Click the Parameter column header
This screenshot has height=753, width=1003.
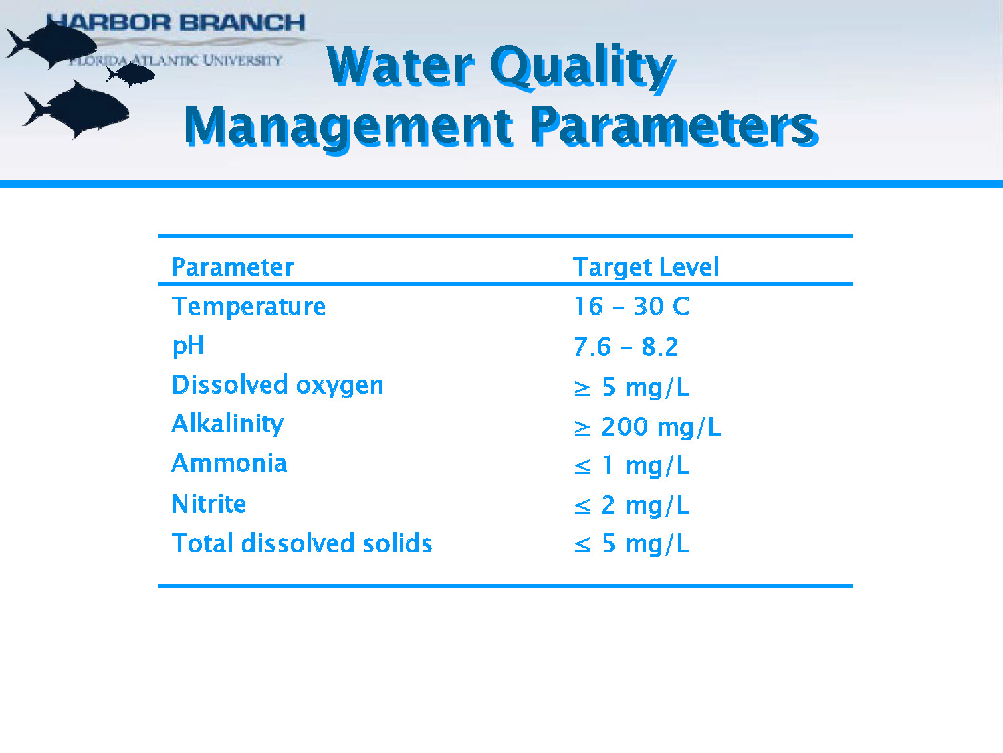[233, 267]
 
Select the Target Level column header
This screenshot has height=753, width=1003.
[646, 267]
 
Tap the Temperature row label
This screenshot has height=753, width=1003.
[249, 307]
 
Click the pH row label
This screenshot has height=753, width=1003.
[188, 346]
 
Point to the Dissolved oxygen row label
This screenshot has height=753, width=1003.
[277, 386]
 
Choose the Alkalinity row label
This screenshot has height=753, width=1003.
[227, 424]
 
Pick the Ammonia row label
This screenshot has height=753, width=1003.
[229, 463]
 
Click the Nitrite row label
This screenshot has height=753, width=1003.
[209, 503]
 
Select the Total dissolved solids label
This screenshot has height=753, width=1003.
[302, 543]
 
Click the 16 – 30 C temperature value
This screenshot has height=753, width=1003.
[631, 307]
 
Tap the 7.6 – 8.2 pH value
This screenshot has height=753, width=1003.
[626, 347]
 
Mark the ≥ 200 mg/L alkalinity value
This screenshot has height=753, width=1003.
[647, 427]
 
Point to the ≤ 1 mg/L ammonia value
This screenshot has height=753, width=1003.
[631, 466]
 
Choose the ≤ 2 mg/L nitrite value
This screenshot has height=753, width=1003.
[631, 505]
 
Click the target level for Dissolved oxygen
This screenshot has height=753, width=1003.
[631, 387]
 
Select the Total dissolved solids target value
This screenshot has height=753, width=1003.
[631, 544]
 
